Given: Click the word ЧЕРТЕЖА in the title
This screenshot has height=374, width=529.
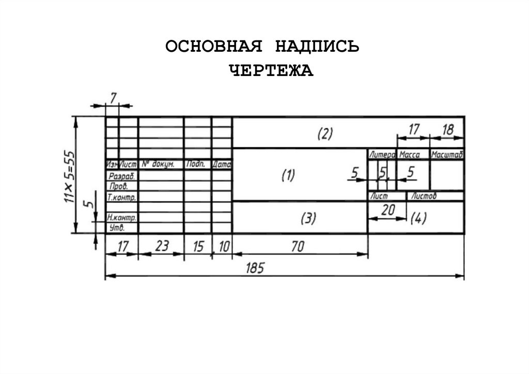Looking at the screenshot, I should [x=271, y=70].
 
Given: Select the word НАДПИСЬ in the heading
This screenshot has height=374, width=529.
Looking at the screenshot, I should [x=316, y=47].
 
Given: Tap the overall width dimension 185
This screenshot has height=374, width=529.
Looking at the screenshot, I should [x=255, y=267].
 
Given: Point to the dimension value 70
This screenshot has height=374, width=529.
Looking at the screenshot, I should [x=298, y=247].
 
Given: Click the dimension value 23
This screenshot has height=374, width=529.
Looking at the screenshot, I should [x=162, y=247].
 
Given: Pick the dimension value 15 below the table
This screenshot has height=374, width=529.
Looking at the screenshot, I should [x=198, y=247].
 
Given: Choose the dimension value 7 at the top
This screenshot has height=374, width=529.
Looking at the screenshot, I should [x=114, y=96].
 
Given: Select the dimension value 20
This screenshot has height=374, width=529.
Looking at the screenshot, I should [x=387, y=210].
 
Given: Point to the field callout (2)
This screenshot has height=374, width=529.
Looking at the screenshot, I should [x=324, y=134].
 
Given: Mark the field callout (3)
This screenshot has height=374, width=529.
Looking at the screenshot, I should [x=308, y=218].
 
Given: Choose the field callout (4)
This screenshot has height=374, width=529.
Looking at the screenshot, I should [x=418, y=219].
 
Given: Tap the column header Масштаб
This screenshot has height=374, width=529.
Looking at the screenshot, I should [x=447, y=155].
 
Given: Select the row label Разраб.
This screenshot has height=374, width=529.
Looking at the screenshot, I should [x=120, y=176].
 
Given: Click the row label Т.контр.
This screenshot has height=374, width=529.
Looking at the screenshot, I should [x=121, y=197].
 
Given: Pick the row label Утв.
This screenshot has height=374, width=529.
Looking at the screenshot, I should [x=117, y=228].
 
